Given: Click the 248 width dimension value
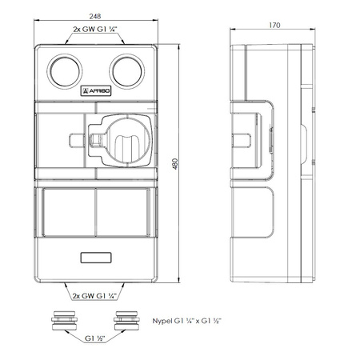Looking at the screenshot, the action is pyautogui.click(x=95, y=16).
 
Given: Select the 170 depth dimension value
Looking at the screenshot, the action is pyautogui.click(x=274, y=25).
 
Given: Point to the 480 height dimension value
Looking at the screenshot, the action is pyautogui.click(x=175, y=164).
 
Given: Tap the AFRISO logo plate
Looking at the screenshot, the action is pyautogui.click(x=96, y=91).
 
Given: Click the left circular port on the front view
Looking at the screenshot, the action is pyautogui.click(x=65, y=71).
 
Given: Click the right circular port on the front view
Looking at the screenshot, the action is pyautogui.click(x=127, y=71).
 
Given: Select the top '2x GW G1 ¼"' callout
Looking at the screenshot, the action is pyautogui.click(x=95, y=30).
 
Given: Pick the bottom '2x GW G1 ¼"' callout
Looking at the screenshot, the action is pyautogui.click(x=95, y=296).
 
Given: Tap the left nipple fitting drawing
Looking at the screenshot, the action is pyautogui.click(x=65, y=320).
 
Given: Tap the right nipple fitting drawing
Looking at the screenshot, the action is pyautogui.click(x=126, y=320).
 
